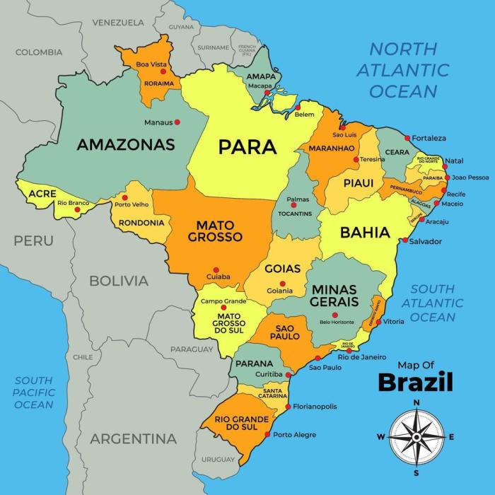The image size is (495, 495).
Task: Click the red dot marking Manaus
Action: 177,122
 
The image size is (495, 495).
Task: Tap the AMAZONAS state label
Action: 125,145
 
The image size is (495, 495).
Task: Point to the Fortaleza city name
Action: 429,138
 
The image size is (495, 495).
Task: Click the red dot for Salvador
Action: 405,241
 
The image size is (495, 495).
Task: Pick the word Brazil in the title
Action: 415,382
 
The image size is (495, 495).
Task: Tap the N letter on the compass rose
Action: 417,402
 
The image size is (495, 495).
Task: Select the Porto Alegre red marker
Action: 267,434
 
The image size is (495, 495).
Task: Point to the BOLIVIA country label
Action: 119,281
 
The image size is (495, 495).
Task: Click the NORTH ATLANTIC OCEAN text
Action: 403,70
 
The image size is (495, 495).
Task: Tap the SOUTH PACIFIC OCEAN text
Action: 34,392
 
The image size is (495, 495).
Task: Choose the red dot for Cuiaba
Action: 219,268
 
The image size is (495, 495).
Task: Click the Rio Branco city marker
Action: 77,209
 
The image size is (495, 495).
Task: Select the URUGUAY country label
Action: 218,459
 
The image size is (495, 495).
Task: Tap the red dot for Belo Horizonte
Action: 335,315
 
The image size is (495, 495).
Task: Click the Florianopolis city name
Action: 315,407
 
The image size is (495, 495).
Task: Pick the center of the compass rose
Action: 417,437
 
